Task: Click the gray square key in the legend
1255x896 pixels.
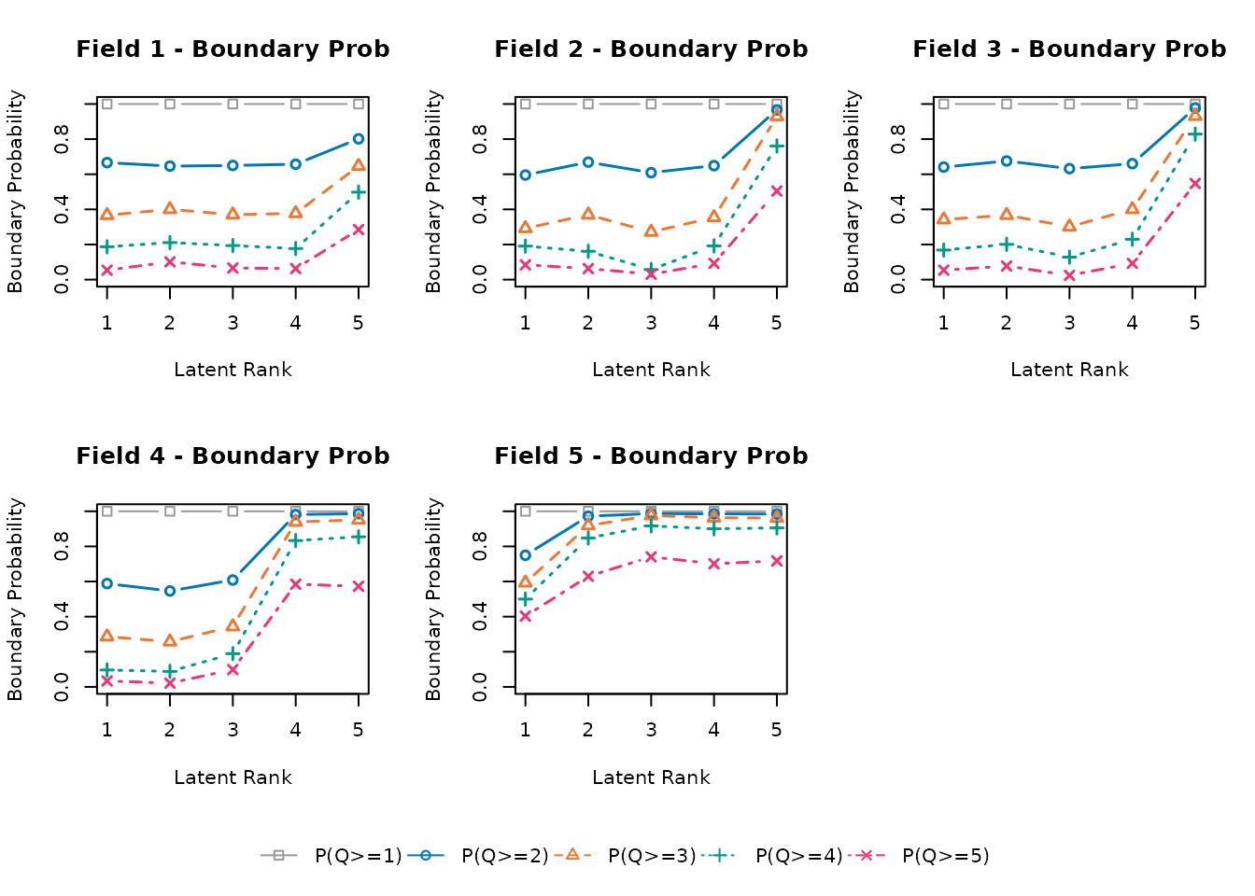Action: coord(278,855)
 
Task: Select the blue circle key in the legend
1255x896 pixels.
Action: coord(426,855)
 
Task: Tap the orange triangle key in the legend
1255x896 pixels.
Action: coord(572,854)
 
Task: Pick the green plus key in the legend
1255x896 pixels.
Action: coord(718,855)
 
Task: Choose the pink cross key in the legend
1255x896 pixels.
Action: coord(866,855)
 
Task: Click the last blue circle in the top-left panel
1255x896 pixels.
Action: coord(359,139)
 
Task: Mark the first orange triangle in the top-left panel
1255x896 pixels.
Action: coord(107,214)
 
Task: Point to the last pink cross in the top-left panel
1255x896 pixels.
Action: coord(359,230)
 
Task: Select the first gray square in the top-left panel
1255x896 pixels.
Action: coord(107,105)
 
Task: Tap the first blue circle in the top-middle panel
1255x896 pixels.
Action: coord(526,175)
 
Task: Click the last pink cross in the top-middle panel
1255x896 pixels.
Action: coord(777,190)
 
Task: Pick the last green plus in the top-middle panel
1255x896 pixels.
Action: coord(777,146)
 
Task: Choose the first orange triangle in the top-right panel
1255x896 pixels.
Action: coord(944,218)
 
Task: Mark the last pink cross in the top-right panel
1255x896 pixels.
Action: coord(1195,183)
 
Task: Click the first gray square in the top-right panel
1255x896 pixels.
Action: coord(944,105)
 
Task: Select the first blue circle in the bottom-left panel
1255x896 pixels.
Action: coord(107,584)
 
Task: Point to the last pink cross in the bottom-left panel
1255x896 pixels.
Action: coord(359,586)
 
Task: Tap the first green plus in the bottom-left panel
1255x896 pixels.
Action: coord(107,669)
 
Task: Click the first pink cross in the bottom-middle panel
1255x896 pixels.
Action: coord(526,616)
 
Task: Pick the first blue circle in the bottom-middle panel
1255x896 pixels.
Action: coord(526,555)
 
